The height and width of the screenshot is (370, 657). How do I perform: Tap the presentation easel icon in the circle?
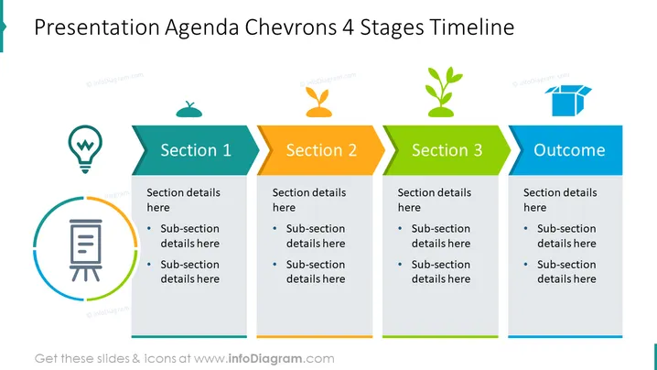pyautogui.click(x=85, y=250)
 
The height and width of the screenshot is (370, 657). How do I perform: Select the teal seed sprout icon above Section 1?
pyautogui.click(x=189, y=109)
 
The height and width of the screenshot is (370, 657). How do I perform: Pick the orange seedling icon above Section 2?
pyautogui.click(x=318, y=102)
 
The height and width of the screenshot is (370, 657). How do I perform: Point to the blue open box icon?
pyautogui.click(x=568, y=101)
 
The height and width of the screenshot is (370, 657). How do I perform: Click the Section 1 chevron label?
pyautogui.click(x=196, y=150)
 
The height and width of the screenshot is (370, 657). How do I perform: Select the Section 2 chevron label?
pyautogui.click(x=321, y=150)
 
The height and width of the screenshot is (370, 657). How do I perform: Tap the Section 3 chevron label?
pyautogui.click(x=447, y=150)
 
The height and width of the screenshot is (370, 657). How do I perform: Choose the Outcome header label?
pyautogui.click(x=569, y=150)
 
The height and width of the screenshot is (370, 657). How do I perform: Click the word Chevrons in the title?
pyautogui.click(x=291, y=27)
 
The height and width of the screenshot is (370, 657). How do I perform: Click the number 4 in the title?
pyautogui.click(x=349, y=28)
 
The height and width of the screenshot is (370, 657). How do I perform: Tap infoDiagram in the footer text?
pyautogui.click(x=265, y=359)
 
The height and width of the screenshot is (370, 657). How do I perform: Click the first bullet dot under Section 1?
pyautogui.click(x=149, y=228)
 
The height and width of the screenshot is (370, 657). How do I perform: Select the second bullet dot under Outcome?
pyautogui.click(x=526, y=265)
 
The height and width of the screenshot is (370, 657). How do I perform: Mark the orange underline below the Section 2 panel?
pyautogui.click(x=315, y=336)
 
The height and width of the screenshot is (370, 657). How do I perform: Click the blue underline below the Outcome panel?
pyautogui.click(x=565, y=336)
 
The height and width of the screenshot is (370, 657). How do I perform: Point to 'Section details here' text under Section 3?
pyautogui.click(x=435, y=200)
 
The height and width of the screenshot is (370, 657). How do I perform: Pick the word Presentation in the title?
pyautogui.click(x=97, y=27)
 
